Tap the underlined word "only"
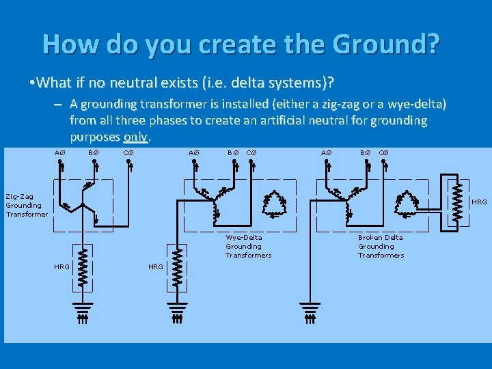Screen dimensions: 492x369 (x=137, y=136)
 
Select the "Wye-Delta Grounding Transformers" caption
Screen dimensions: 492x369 (x=248, y=246)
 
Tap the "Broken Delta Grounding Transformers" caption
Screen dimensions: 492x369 (x=381, y=246)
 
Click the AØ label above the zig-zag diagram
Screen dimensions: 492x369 (x=60, y=152)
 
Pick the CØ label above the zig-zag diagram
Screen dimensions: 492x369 (x=128, y=152)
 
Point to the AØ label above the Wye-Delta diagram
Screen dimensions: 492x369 (x=193, y=152)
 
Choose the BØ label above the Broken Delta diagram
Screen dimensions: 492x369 (x=366, y=152)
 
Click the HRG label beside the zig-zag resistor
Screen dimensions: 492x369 (x=61, y=266)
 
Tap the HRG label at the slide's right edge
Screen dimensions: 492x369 (x=480, y=202)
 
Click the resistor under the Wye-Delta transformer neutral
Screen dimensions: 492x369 (x=178, y=263)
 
